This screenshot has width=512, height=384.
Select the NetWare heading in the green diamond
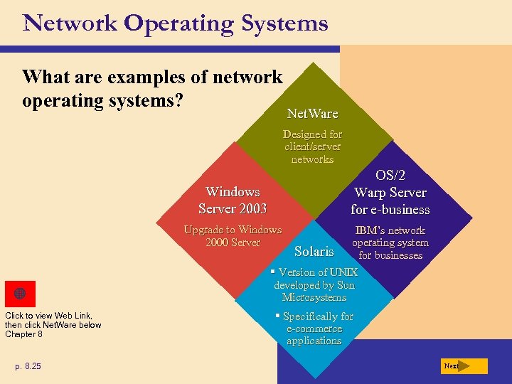[x=312, y=113]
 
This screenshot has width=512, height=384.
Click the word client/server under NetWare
[x=312, y=146]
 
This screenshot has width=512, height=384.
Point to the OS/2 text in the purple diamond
[x=390, y=176]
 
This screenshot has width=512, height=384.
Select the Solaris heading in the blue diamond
[x=314, y=251]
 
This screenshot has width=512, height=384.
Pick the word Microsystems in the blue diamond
[x=314, y=297]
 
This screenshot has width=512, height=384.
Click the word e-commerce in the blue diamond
[x=314, y=329]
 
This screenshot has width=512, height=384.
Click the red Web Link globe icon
[x=20, y=294]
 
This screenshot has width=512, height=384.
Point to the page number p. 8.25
[x=28, y=366]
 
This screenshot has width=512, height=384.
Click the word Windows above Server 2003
[x=233, y=192]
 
